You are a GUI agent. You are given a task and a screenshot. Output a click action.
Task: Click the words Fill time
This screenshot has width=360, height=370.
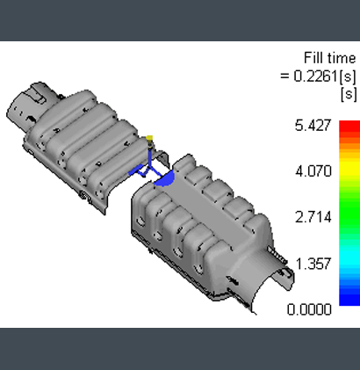point(330,58)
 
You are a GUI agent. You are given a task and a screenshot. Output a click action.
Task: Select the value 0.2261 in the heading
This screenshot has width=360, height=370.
point(316,76)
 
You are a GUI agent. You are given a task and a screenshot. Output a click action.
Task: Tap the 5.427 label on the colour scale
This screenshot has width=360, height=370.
point(313,126)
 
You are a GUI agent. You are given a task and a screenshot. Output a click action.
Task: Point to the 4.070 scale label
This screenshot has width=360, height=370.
point(313,171)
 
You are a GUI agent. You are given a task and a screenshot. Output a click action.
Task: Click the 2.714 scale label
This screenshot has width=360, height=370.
point(313,217)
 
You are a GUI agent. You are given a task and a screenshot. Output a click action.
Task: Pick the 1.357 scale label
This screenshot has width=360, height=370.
point(313,264)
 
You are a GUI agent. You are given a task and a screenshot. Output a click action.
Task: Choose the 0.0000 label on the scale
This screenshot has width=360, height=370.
point(309,309)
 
